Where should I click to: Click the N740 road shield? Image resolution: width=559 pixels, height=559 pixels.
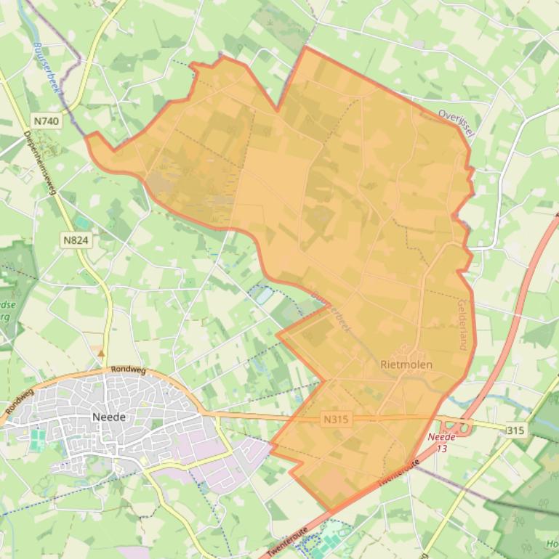click(46, 121)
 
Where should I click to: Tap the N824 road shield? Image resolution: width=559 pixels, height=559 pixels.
click(76, 240)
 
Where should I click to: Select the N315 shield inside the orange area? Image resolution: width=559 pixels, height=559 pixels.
click(335, 419)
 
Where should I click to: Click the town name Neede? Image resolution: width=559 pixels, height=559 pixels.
click(109, 417)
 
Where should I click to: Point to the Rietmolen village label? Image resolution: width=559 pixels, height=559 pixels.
click(406, 364)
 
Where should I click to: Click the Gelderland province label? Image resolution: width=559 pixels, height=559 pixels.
click(462, 325)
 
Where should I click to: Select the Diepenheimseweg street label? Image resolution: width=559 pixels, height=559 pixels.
click(41, 164)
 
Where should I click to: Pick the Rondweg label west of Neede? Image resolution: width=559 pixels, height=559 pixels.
click(19, 401)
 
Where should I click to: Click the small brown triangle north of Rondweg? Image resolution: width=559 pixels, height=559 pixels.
click(101, 353)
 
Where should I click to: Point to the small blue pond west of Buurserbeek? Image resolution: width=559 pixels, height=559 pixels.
click(263, 294)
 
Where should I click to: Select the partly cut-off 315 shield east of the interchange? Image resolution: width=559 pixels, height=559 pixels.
click(515, 431)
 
